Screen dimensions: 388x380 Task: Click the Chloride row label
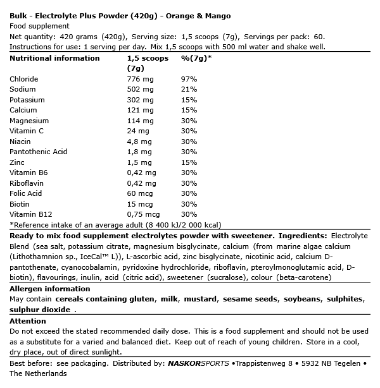24,79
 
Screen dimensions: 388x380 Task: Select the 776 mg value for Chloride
140,79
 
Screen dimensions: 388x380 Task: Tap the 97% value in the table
189,79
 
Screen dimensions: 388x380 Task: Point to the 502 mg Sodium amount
140,90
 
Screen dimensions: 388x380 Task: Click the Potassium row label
27,100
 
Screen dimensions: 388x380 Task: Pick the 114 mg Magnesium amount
140,121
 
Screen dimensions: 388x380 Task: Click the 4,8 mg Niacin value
139,142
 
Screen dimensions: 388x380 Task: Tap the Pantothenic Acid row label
38,152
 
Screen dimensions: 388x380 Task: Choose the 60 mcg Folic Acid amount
139,194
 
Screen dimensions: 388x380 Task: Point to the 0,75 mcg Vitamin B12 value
143,215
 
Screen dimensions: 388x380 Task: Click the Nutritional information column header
54,58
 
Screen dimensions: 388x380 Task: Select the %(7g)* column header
196,58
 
